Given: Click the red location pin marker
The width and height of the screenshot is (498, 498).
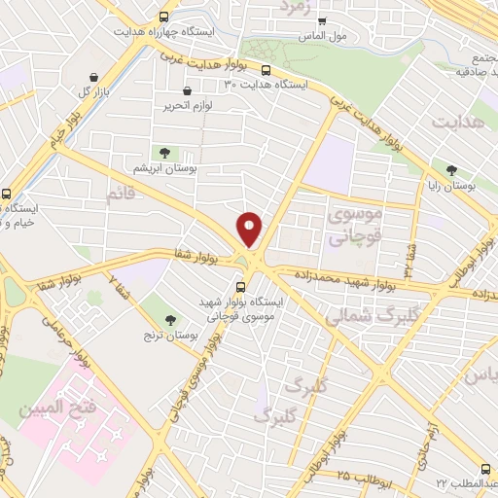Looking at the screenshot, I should coord(250,229).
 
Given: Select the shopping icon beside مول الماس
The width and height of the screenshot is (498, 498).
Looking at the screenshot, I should coord(323,21).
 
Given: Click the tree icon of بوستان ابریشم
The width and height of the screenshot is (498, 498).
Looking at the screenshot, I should coord(163,153).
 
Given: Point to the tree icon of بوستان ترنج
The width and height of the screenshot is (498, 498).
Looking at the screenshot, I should coord(171,319).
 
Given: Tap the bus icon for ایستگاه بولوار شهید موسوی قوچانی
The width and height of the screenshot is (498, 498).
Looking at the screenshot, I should coord(240,286).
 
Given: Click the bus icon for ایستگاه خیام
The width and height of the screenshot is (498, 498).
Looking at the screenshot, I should coord(7,193).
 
